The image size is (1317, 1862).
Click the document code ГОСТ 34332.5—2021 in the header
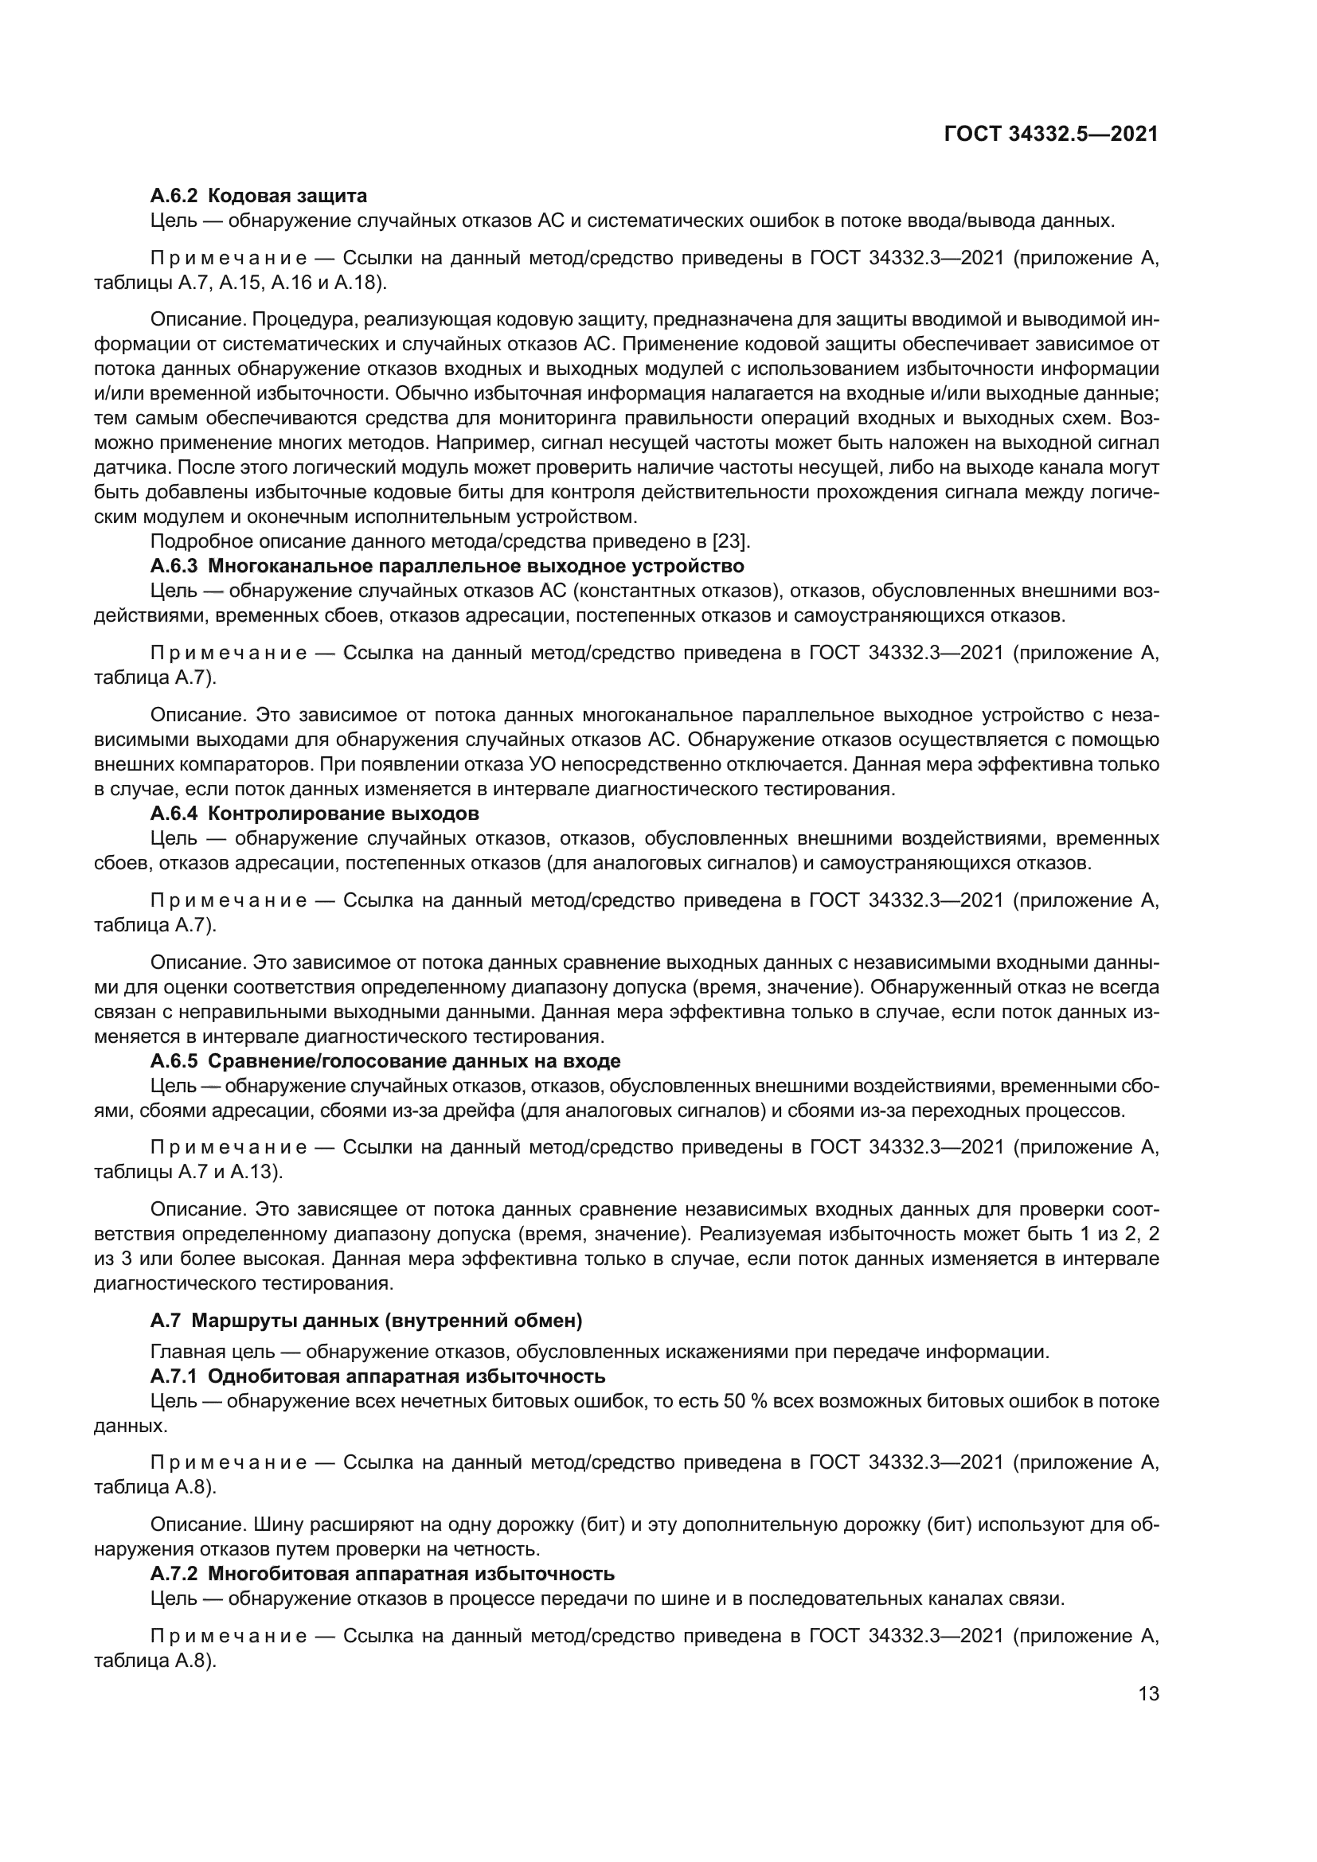pyautogui.click(x=1051, y=134)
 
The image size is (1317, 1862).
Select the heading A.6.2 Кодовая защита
pyautogui.click(x=259, y=196)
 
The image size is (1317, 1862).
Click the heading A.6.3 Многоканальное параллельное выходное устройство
pyautogui.click(x=447, y=565)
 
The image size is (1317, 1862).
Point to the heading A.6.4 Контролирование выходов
pyautogui.click(x=315, y=813)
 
